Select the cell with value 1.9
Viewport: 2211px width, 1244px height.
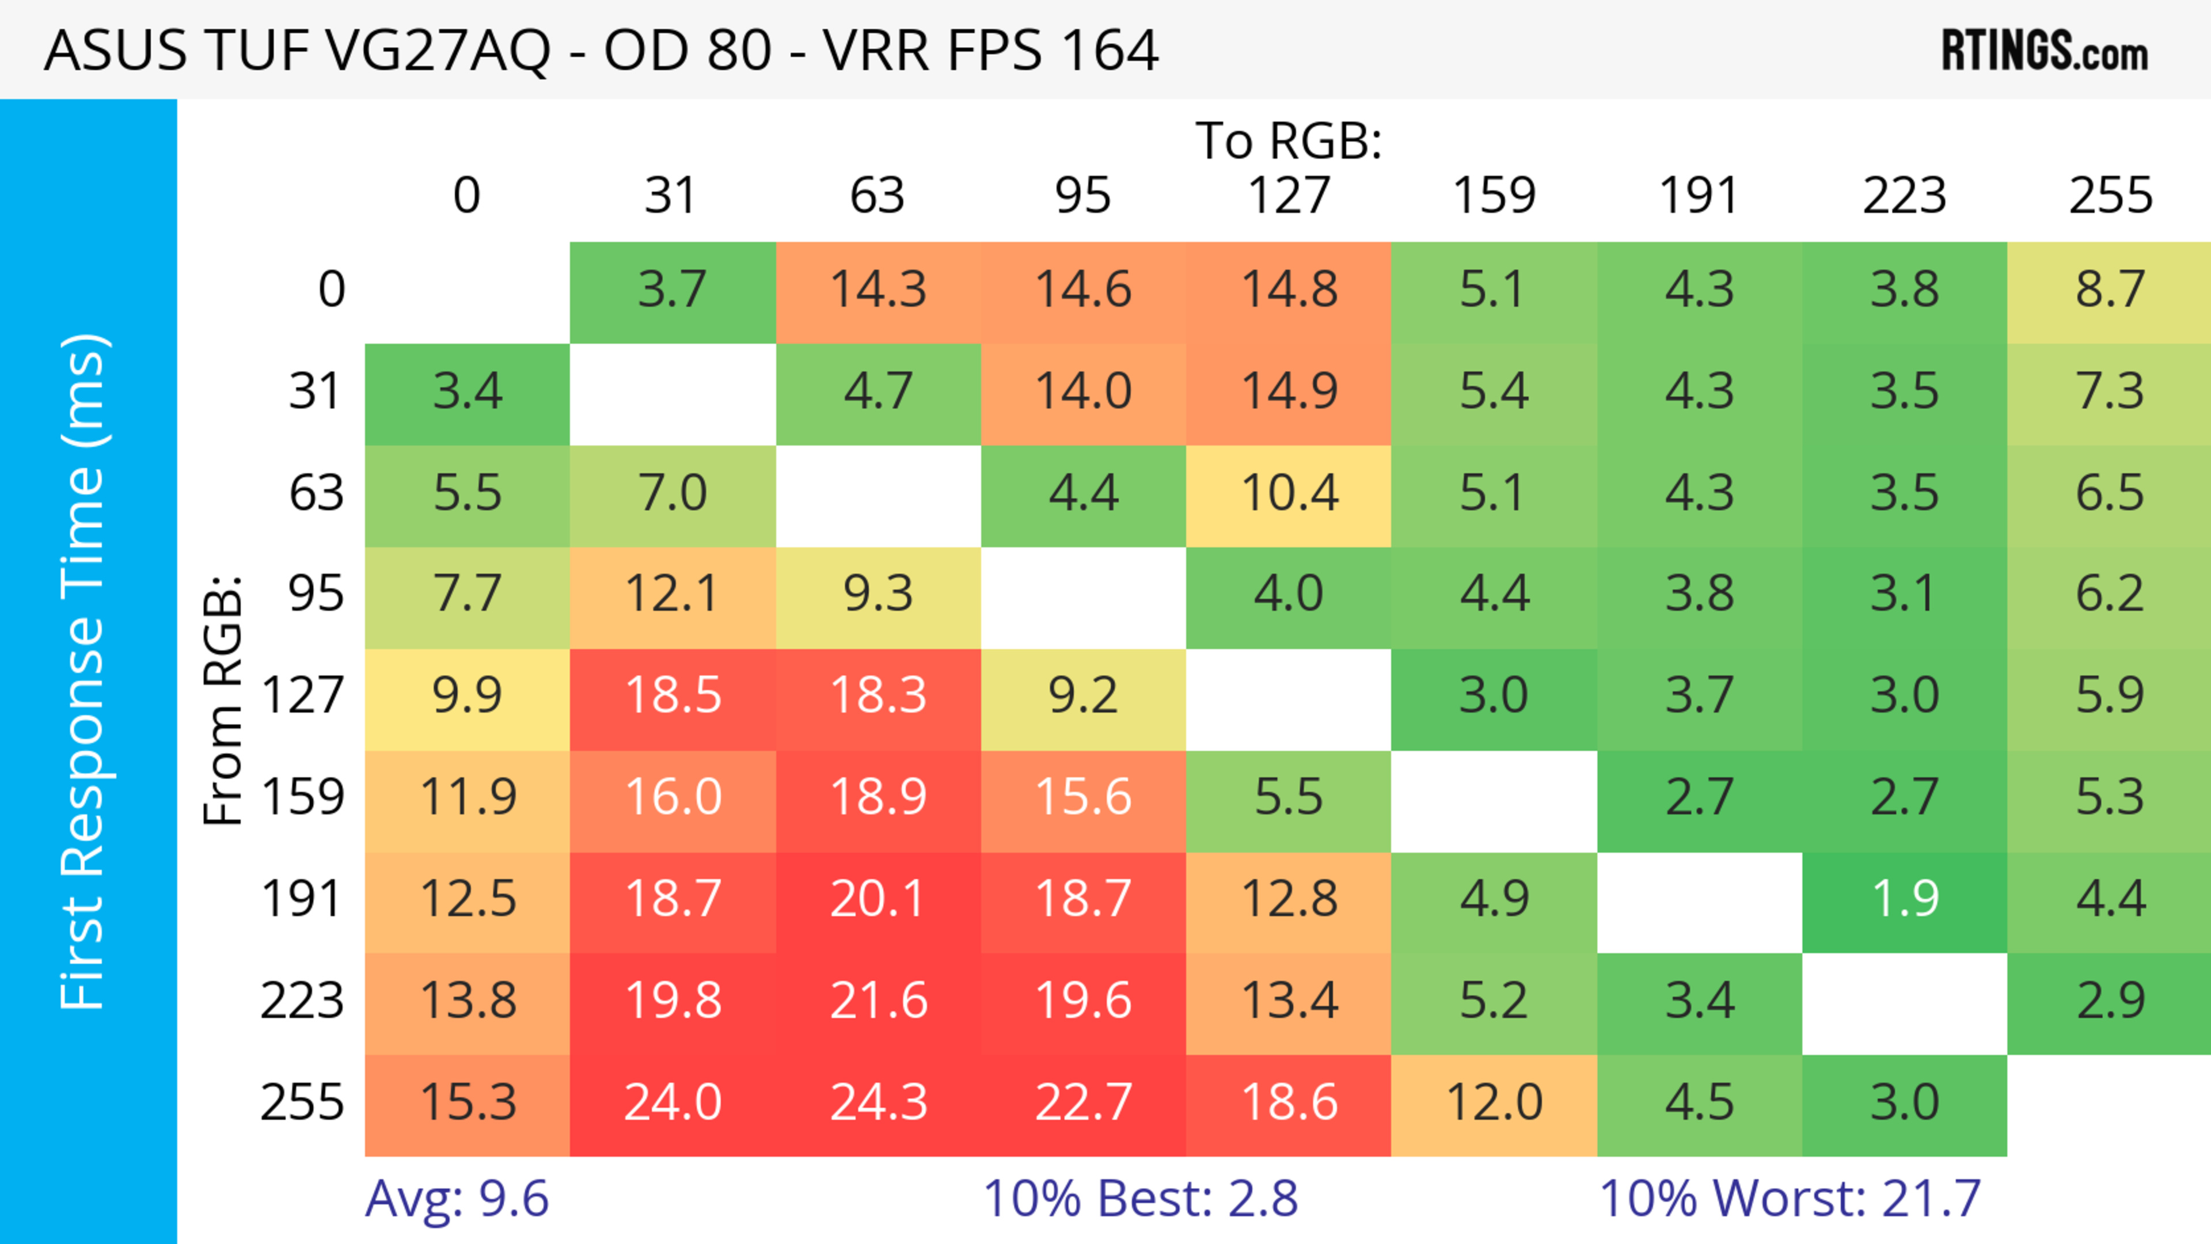[x=1905, y=899]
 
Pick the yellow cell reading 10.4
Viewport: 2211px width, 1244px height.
[x=1289, y=493]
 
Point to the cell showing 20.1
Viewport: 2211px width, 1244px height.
[x=878, y=899]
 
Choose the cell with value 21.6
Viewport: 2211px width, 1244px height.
[x=878, y=1001]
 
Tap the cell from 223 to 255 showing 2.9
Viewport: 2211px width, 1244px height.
[x=2110, y=1001]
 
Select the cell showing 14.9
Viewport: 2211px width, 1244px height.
[x=1289, y=391]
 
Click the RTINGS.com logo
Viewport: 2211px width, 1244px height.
[x=2045, y=51]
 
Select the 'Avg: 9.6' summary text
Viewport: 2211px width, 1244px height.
[x=457, y=1199]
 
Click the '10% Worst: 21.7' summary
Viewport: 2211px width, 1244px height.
[x=1790, y=1199]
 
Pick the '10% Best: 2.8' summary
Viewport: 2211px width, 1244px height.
[x=1140, y=1199]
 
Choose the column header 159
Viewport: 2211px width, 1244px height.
[x=1494, y=196]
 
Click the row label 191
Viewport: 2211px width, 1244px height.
[x=302, y=899]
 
